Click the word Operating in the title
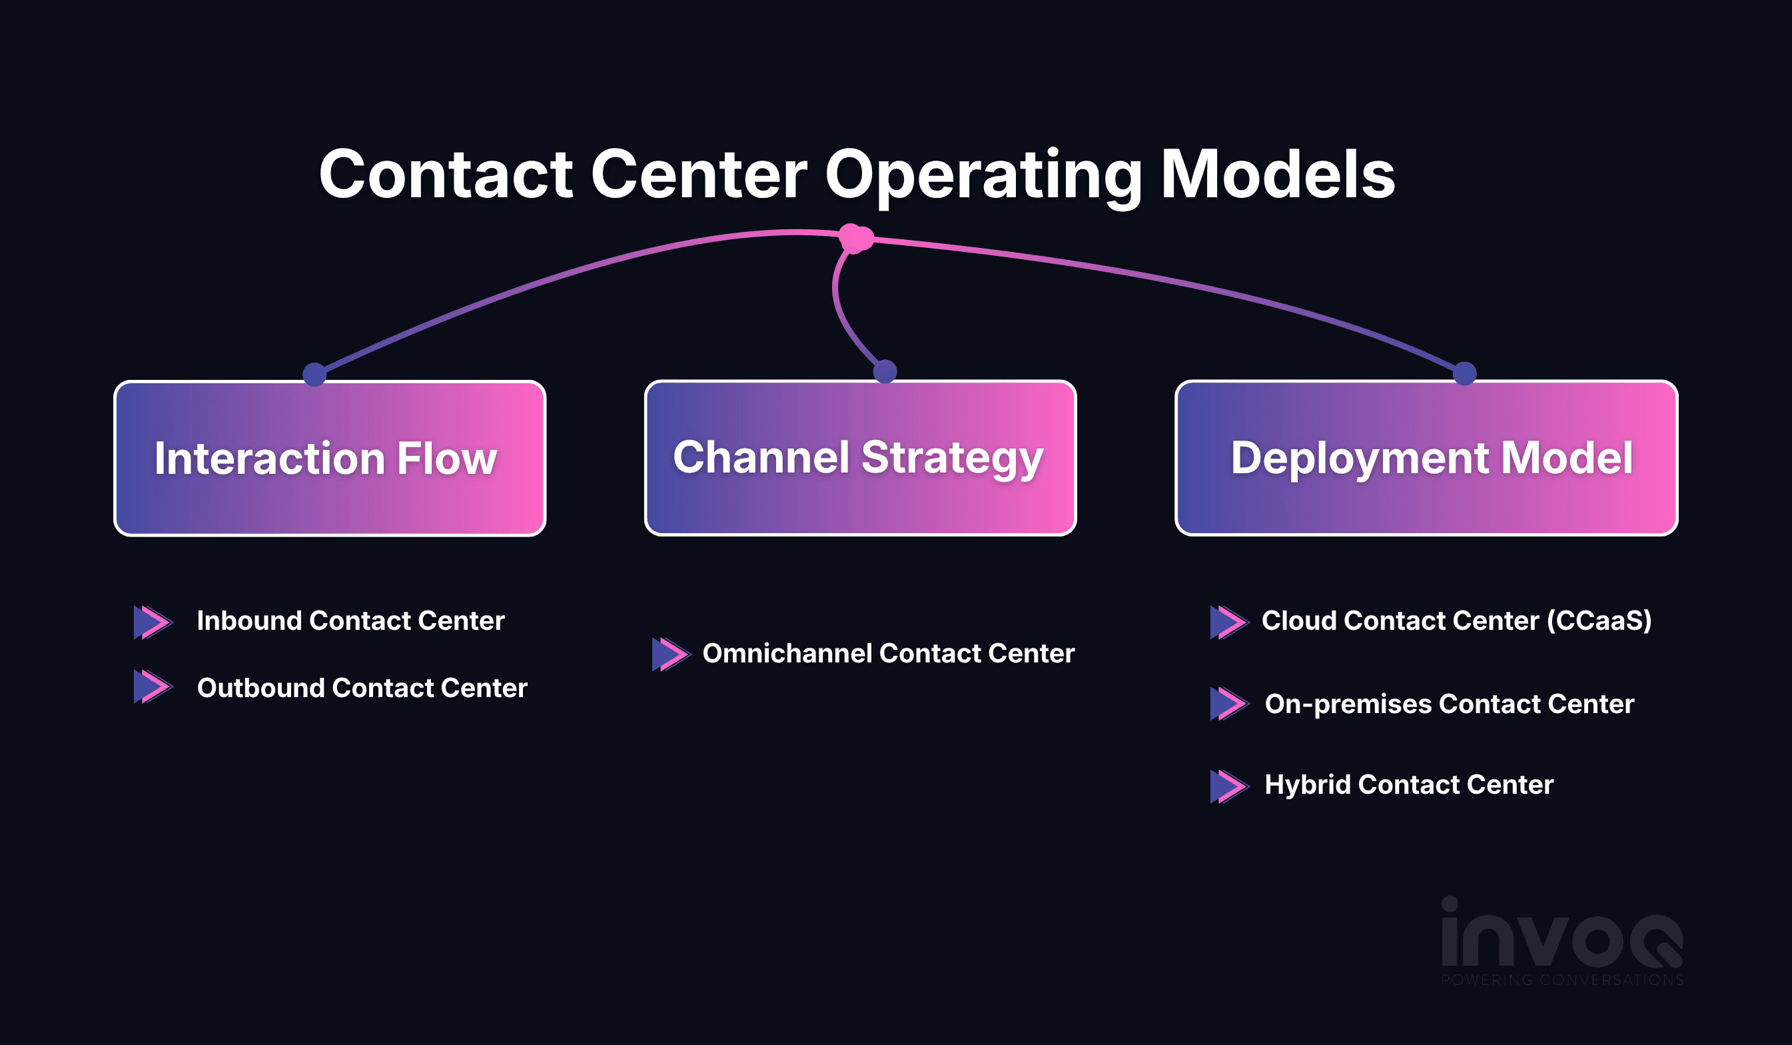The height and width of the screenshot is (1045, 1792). (x=983, y=176)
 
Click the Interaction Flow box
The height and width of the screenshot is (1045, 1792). (x=330, y=458)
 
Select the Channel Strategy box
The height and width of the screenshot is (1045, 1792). (x=861, y=458)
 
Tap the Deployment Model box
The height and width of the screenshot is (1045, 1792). (x=1426, y=458)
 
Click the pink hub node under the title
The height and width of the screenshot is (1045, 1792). (x=855, y=239)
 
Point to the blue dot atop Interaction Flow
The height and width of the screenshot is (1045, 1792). (x=314, y=373)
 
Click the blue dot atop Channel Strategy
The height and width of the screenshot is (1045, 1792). (x=885, y=371)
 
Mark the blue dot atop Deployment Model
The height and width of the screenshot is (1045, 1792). (x=1465, y=373)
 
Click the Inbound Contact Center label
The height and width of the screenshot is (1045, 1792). (x=350, y=621)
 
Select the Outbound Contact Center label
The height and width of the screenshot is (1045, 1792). (x=362, y=688)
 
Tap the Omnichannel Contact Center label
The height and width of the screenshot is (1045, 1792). (x=888, y=654)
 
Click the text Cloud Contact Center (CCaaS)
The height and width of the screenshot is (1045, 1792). (x=1456, y=621)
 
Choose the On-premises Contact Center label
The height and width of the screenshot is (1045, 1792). (x=1449, y=704)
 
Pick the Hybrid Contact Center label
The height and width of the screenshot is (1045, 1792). (x=1409, y=784)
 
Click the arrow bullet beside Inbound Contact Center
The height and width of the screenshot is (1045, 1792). (x=154, y=622)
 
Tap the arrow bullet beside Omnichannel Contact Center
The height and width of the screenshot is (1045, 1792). (x=672, y=654)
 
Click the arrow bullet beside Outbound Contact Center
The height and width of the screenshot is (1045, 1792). (x=154, y=686)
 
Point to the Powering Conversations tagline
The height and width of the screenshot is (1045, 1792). (x=1562, y=980)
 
